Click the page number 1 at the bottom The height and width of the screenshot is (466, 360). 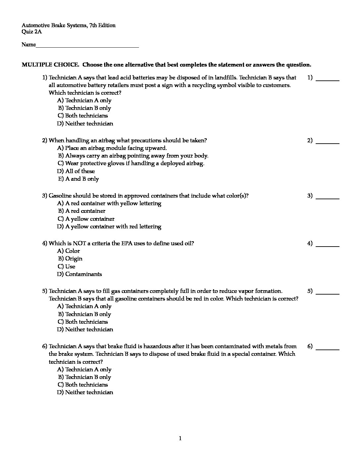pyautogui.click(x=180, y=439)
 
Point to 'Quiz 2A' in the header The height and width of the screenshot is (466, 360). pyautogui.click(x=31, y=32)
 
